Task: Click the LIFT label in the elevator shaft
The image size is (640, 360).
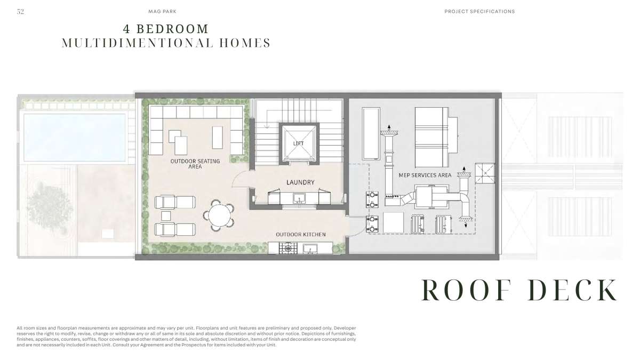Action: coord(298,143)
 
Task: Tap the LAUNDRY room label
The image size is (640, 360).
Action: coord(300,182)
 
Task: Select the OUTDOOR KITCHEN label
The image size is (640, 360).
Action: coord(301,235)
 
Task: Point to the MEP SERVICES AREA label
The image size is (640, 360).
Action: coord(425,175)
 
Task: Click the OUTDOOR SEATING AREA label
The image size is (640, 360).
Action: coord(195,164)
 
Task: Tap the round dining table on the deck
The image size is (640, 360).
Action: coord(218,215)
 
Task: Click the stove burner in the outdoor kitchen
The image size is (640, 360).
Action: coord(288,249)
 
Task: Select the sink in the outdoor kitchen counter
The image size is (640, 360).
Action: coord(310,249)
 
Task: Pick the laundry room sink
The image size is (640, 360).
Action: coord(299,198)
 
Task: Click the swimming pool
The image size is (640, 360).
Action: coord(74,138)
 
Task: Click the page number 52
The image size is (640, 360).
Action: coord(20,11)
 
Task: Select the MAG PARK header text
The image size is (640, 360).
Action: coord(162,11)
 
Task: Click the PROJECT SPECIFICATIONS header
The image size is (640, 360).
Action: coord(479,11)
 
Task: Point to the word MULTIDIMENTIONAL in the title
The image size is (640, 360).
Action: coord(138,43)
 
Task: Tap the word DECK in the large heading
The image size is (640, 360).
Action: coord(572,290)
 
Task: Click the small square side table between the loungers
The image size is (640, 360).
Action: coord(166,215)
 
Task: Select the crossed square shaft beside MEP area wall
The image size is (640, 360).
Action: coord(485,173)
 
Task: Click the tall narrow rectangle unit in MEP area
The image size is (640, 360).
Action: coord(371,133)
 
